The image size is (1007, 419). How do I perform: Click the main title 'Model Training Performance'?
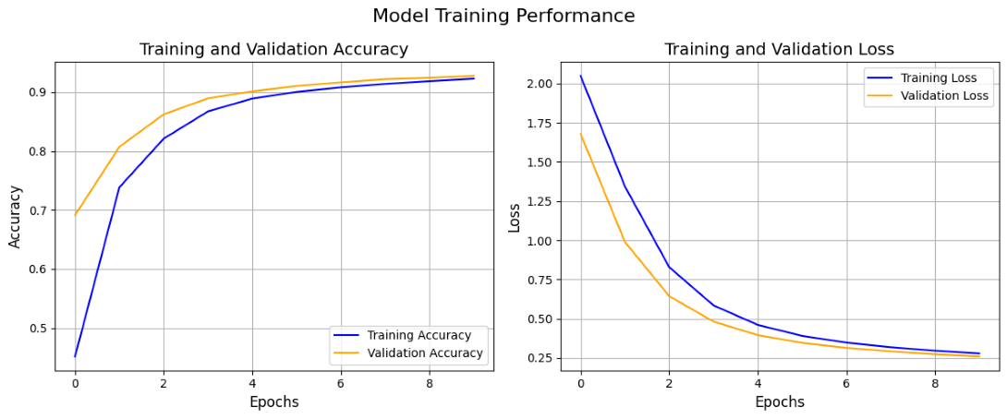pos(503,17)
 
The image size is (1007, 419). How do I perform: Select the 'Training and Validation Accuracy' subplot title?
pos(273,50)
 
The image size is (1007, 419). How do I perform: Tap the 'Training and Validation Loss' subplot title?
pos(779,50)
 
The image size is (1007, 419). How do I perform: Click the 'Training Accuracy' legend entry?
pos(419,335)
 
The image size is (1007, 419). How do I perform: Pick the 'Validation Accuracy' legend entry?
pos(425,353)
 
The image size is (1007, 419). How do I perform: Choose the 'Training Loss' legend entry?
pos(938,78)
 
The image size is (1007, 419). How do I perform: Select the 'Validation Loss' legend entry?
pos(944,96)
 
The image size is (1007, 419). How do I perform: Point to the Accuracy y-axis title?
pos(15,216)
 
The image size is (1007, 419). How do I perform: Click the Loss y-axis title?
pos(515,217)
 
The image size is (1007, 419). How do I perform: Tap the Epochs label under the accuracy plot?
pos(273,402)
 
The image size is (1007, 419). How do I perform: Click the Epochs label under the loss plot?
pos(779,402)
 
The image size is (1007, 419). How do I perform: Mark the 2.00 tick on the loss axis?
pos(539,84)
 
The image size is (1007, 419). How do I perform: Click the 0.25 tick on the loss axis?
pos(539,358)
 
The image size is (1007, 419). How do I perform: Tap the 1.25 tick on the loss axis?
pos(539,202)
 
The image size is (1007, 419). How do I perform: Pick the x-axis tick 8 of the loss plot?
pos(935,382)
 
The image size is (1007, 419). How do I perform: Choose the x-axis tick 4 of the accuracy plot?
pos(252,382)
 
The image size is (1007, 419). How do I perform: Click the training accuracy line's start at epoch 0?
pos(75,356)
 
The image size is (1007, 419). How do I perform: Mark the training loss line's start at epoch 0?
pos(580,76)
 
